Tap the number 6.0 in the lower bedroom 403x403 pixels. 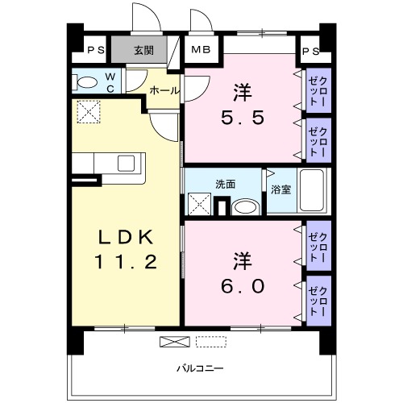(x=242, y=285)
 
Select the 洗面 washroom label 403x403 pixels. (x=225, y=184)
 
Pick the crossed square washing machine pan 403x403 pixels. (x=199, y=204)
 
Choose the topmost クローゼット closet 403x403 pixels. (x=317, y=90)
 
